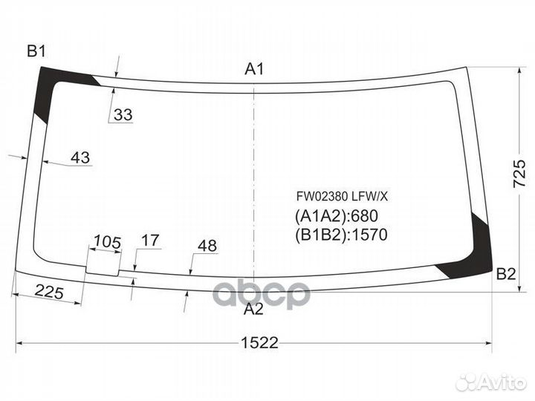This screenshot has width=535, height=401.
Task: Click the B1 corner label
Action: [37, 51]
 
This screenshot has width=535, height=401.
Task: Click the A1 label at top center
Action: [255, 70]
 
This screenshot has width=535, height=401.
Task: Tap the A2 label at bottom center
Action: [254, 309]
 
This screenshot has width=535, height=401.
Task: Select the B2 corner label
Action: [506, 273]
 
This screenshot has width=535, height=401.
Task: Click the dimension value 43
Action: [80, 157]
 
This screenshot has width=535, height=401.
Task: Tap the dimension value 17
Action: [150, 241]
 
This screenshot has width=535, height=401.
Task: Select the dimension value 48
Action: [207, 245]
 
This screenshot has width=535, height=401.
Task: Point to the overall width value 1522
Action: [259, 342]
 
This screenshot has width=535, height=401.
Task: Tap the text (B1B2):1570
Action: [342, 235]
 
